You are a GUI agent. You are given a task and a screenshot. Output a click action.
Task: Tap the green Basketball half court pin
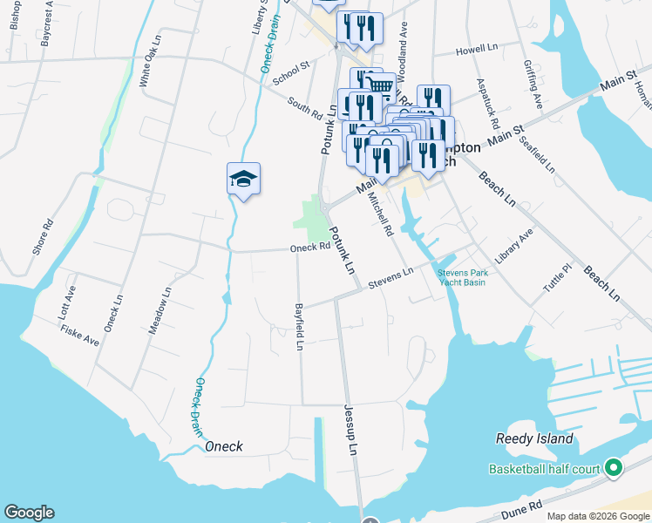click(x=613, y=469)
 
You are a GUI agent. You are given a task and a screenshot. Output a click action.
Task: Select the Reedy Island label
click(x=534, y=439)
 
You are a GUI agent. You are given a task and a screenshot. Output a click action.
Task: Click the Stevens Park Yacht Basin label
click(x=462, y=277)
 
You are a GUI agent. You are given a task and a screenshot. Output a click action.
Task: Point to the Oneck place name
click(x=223, y=447)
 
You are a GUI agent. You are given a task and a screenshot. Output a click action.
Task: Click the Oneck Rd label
click(x=310, y=248)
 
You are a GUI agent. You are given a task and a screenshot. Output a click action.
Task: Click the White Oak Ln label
click(x=149, y=67)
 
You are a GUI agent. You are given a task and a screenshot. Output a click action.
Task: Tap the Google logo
click(x=29, y=513)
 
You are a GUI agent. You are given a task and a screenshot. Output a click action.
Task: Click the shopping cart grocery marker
click(x=378, y=85)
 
